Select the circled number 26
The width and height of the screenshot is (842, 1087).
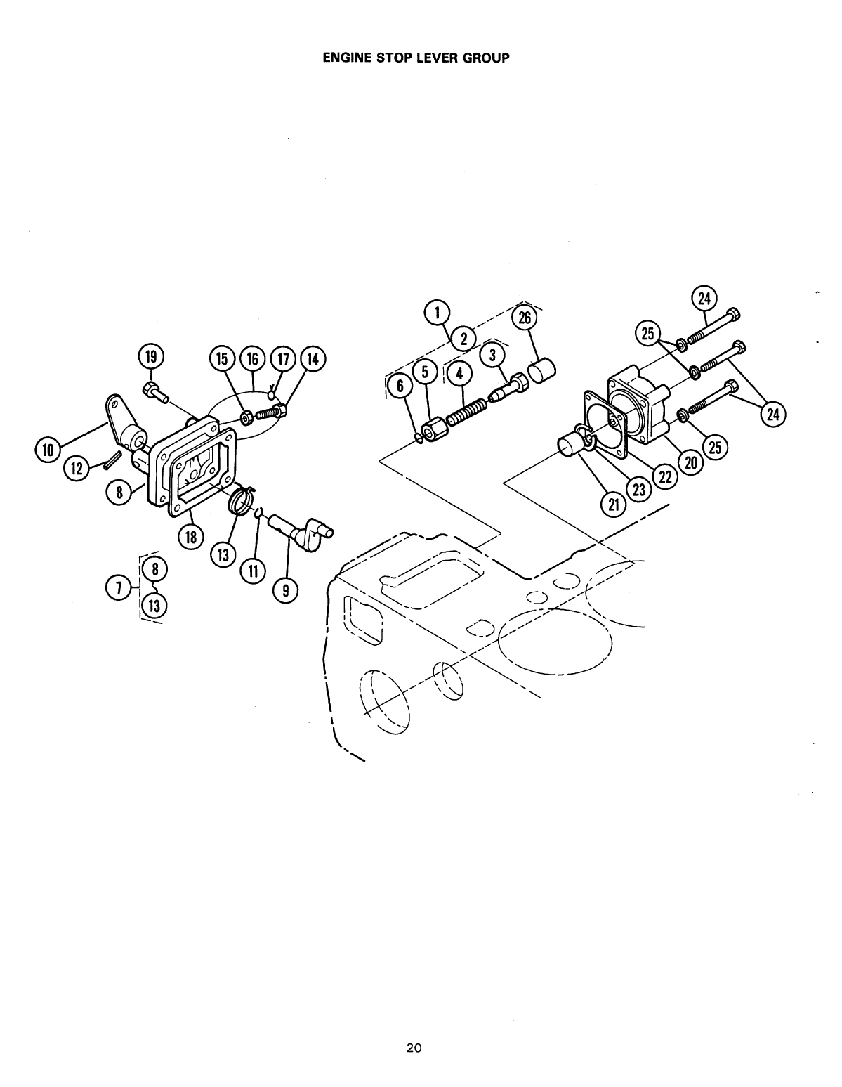coord(523,318)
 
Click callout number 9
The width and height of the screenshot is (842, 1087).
coord(285,592)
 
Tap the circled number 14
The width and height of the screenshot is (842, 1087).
coord(313,359)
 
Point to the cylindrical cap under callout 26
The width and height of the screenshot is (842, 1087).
coord(542,369)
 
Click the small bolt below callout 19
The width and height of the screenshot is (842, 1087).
coord(156,393)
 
